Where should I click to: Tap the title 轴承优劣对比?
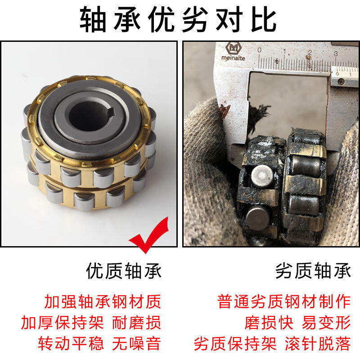click(x=178, y=19)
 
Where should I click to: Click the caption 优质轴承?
click(x=124, y=271)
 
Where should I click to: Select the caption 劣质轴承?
click(x=313, y=271)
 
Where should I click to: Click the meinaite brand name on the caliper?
click(x=233, y=58)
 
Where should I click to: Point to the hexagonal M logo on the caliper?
click(x=233, y=48)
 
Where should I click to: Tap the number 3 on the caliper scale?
click(x=336, y=54)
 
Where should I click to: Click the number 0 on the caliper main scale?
click(x=260, y=50)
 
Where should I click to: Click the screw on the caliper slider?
click(x=342, y=81)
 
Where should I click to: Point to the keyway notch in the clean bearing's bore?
click(x=112, y=111)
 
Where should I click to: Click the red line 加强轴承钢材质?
click(x=103, y=301)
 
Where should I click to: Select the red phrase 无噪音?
click(x=136, y=343)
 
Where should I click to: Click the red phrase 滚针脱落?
click(x=318, y=343)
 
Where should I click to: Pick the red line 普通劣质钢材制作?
click(x=284, y=301)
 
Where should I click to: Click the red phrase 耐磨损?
click(x=136, y=323)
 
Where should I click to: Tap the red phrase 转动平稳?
click(x=71, y=343)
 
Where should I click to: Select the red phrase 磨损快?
click(x=269, y=323)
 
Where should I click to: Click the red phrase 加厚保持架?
click(x=63, y=323)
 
